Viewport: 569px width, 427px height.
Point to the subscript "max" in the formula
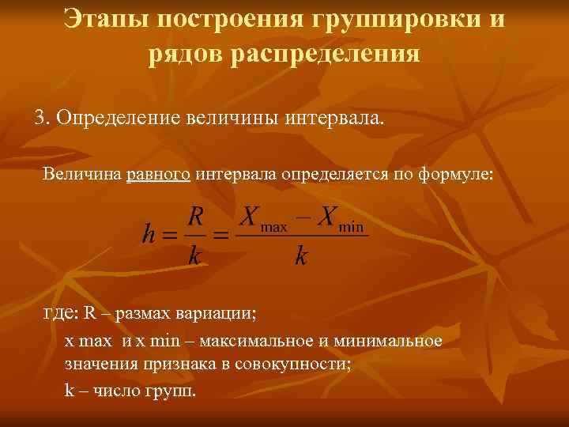(x=273, y=227)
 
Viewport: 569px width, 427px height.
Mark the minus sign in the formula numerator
(x=301, y=215)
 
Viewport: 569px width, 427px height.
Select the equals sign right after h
(x=168, y=235)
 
